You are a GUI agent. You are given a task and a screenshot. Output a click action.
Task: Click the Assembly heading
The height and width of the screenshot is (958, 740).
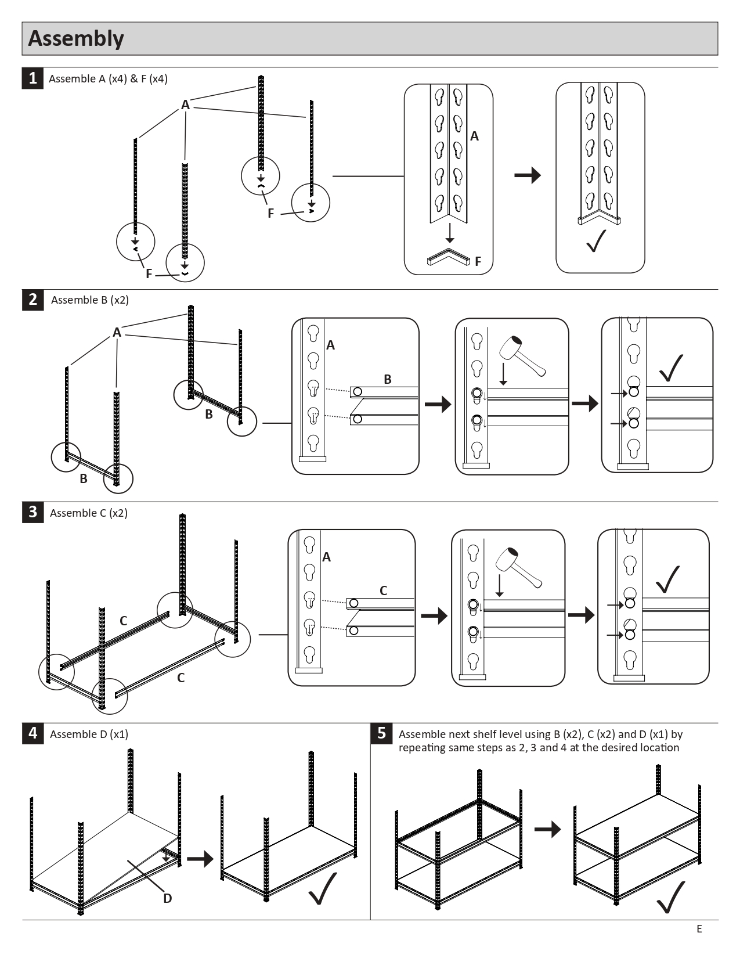pos(76,38)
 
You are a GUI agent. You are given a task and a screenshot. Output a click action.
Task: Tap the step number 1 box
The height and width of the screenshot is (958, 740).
pos(33,78)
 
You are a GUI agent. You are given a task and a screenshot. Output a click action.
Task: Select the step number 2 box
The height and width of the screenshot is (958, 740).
pos(33,300)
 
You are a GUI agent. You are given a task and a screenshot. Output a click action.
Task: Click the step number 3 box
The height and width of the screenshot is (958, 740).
pos(33,512)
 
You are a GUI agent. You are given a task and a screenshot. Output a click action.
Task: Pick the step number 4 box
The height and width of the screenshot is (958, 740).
pos(33,733)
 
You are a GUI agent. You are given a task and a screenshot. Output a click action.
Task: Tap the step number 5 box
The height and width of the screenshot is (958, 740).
pos(381,733)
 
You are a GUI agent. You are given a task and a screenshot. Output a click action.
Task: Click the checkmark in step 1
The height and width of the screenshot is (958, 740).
pos(596,241)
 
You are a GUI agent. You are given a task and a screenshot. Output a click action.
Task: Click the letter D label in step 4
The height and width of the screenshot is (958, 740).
pos(167,898)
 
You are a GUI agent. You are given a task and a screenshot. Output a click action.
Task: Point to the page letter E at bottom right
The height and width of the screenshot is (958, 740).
pos(699,929)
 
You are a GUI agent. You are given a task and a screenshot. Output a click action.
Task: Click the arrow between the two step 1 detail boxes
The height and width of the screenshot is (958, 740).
pos(527,175)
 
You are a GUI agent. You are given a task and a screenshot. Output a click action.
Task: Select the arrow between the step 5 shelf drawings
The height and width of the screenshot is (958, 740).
pos(547,829)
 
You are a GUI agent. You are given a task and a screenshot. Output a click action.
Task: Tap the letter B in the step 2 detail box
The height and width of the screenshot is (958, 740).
pos(388,379)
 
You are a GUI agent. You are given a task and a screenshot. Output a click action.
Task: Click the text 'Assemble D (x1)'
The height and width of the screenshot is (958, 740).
pos(89,734)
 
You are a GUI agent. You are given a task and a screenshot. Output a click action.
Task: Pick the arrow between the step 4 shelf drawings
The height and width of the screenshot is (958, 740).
pos(200,859)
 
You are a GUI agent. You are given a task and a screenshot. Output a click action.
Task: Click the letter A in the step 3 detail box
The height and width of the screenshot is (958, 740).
pos(326,557)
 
